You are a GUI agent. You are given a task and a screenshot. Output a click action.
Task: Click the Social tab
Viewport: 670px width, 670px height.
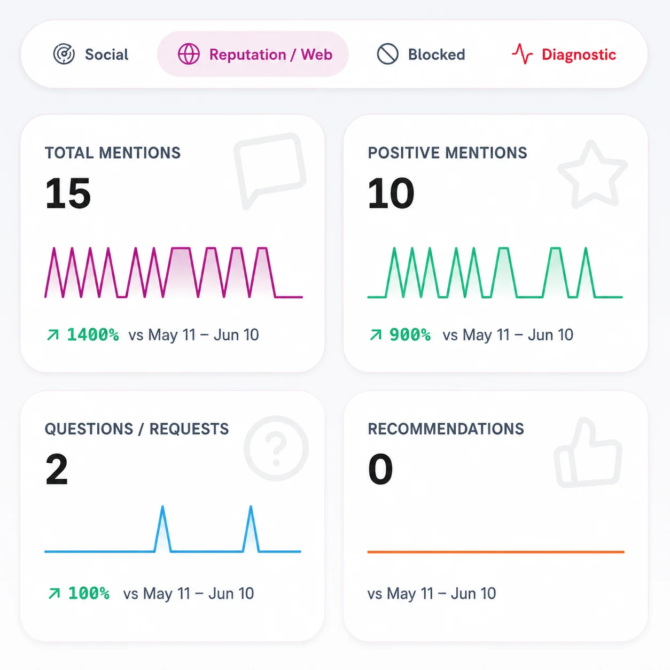coord(91,54)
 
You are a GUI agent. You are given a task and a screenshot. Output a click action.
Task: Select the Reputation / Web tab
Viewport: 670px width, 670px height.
coord(253,54)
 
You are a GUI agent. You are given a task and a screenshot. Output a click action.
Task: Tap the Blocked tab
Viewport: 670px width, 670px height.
coord(420,54)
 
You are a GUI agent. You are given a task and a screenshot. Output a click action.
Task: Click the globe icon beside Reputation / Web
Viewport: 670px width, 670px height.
coord(189,54)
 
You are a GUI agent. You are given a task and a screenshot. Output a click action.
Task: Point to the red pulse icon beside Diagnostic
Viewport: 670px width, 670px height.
coord(522,54)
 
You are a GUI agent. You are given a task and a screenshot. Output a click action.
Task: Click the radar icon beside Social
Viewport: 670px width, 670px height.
coord(64,54)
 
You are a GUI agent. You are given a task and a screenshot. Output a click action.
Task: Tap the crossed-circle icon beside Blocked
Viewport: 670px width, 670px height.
coord(388,54)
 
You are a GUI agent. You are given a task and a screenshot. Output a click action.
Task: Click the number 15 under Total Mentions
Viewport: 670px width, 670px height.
coord(68,193)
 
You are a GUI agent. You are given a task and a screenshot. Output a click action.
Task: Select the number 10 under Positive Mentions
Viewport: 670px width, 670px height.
coord(391,193)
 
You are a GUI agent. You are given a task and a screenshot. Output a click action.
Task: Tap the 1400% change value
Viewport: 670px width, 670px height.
coord(93,335)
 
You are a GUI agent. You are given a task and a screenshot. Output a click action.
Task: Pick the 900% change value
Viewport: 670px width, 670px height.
coord(410,335)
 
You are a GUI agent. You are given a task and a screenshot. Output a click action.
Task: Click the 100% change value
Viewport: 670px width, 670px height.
coord(89,594)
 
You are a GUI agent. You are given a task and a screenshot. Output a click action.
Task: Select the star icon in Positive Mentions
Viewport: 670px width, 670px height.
coord(593,174)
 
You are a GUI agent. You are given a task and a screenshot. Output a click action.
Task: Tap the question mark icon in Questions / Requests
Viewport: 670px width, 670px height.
coord(276,448)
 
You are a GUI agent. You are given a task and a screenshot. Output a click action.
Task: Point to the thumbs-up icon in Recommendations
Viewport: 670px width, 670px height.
coord(588,453)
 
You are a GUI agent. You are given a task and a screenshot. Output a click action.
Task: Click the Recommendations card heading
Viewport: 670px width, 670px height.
coord(446,429)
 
